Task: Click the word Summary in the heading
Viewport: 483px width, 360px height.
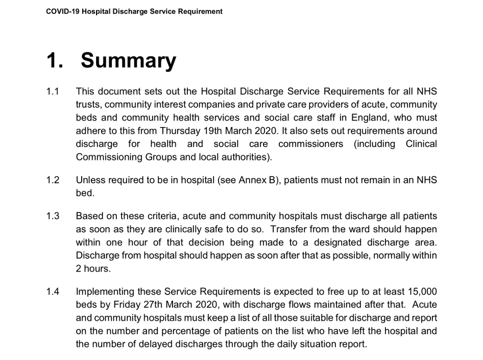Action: click(x=128, y=61)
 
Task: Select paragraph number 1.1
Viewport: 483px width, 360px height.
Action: click(x=53, y=92)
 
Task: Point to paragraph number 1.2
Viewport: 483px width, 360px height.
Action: click(x=53, y=180)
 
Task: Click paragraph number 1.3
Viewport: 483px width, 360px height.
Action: click(x=53, y=217)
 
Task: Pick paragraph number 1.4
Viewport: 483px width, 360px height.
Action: click(x=53, y=292)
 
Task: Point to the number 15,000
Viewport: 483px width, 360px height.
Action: click(x=417, y=292)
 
